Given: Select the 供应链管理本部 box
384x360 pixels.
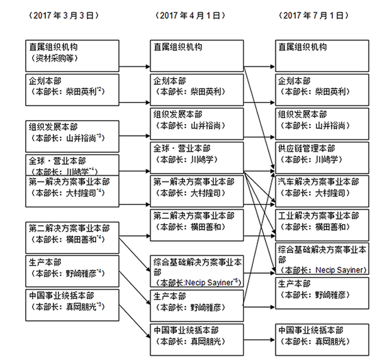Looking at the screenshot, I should coord(322,154).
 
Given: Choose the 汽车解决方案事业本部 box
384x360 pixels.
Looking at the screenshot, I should coord(322,187).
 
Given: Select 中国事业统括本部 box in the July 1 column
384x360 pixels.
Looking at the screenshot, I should coord(322,335).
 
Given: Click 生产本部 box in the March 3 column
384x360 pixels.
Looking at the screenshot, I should coord(71,268).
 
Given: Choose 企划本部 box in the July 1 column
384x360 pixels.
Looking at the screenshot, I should coord(322,86).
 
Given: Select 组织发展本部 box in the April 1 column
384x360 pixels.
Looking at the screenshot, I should coord(196,120).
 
